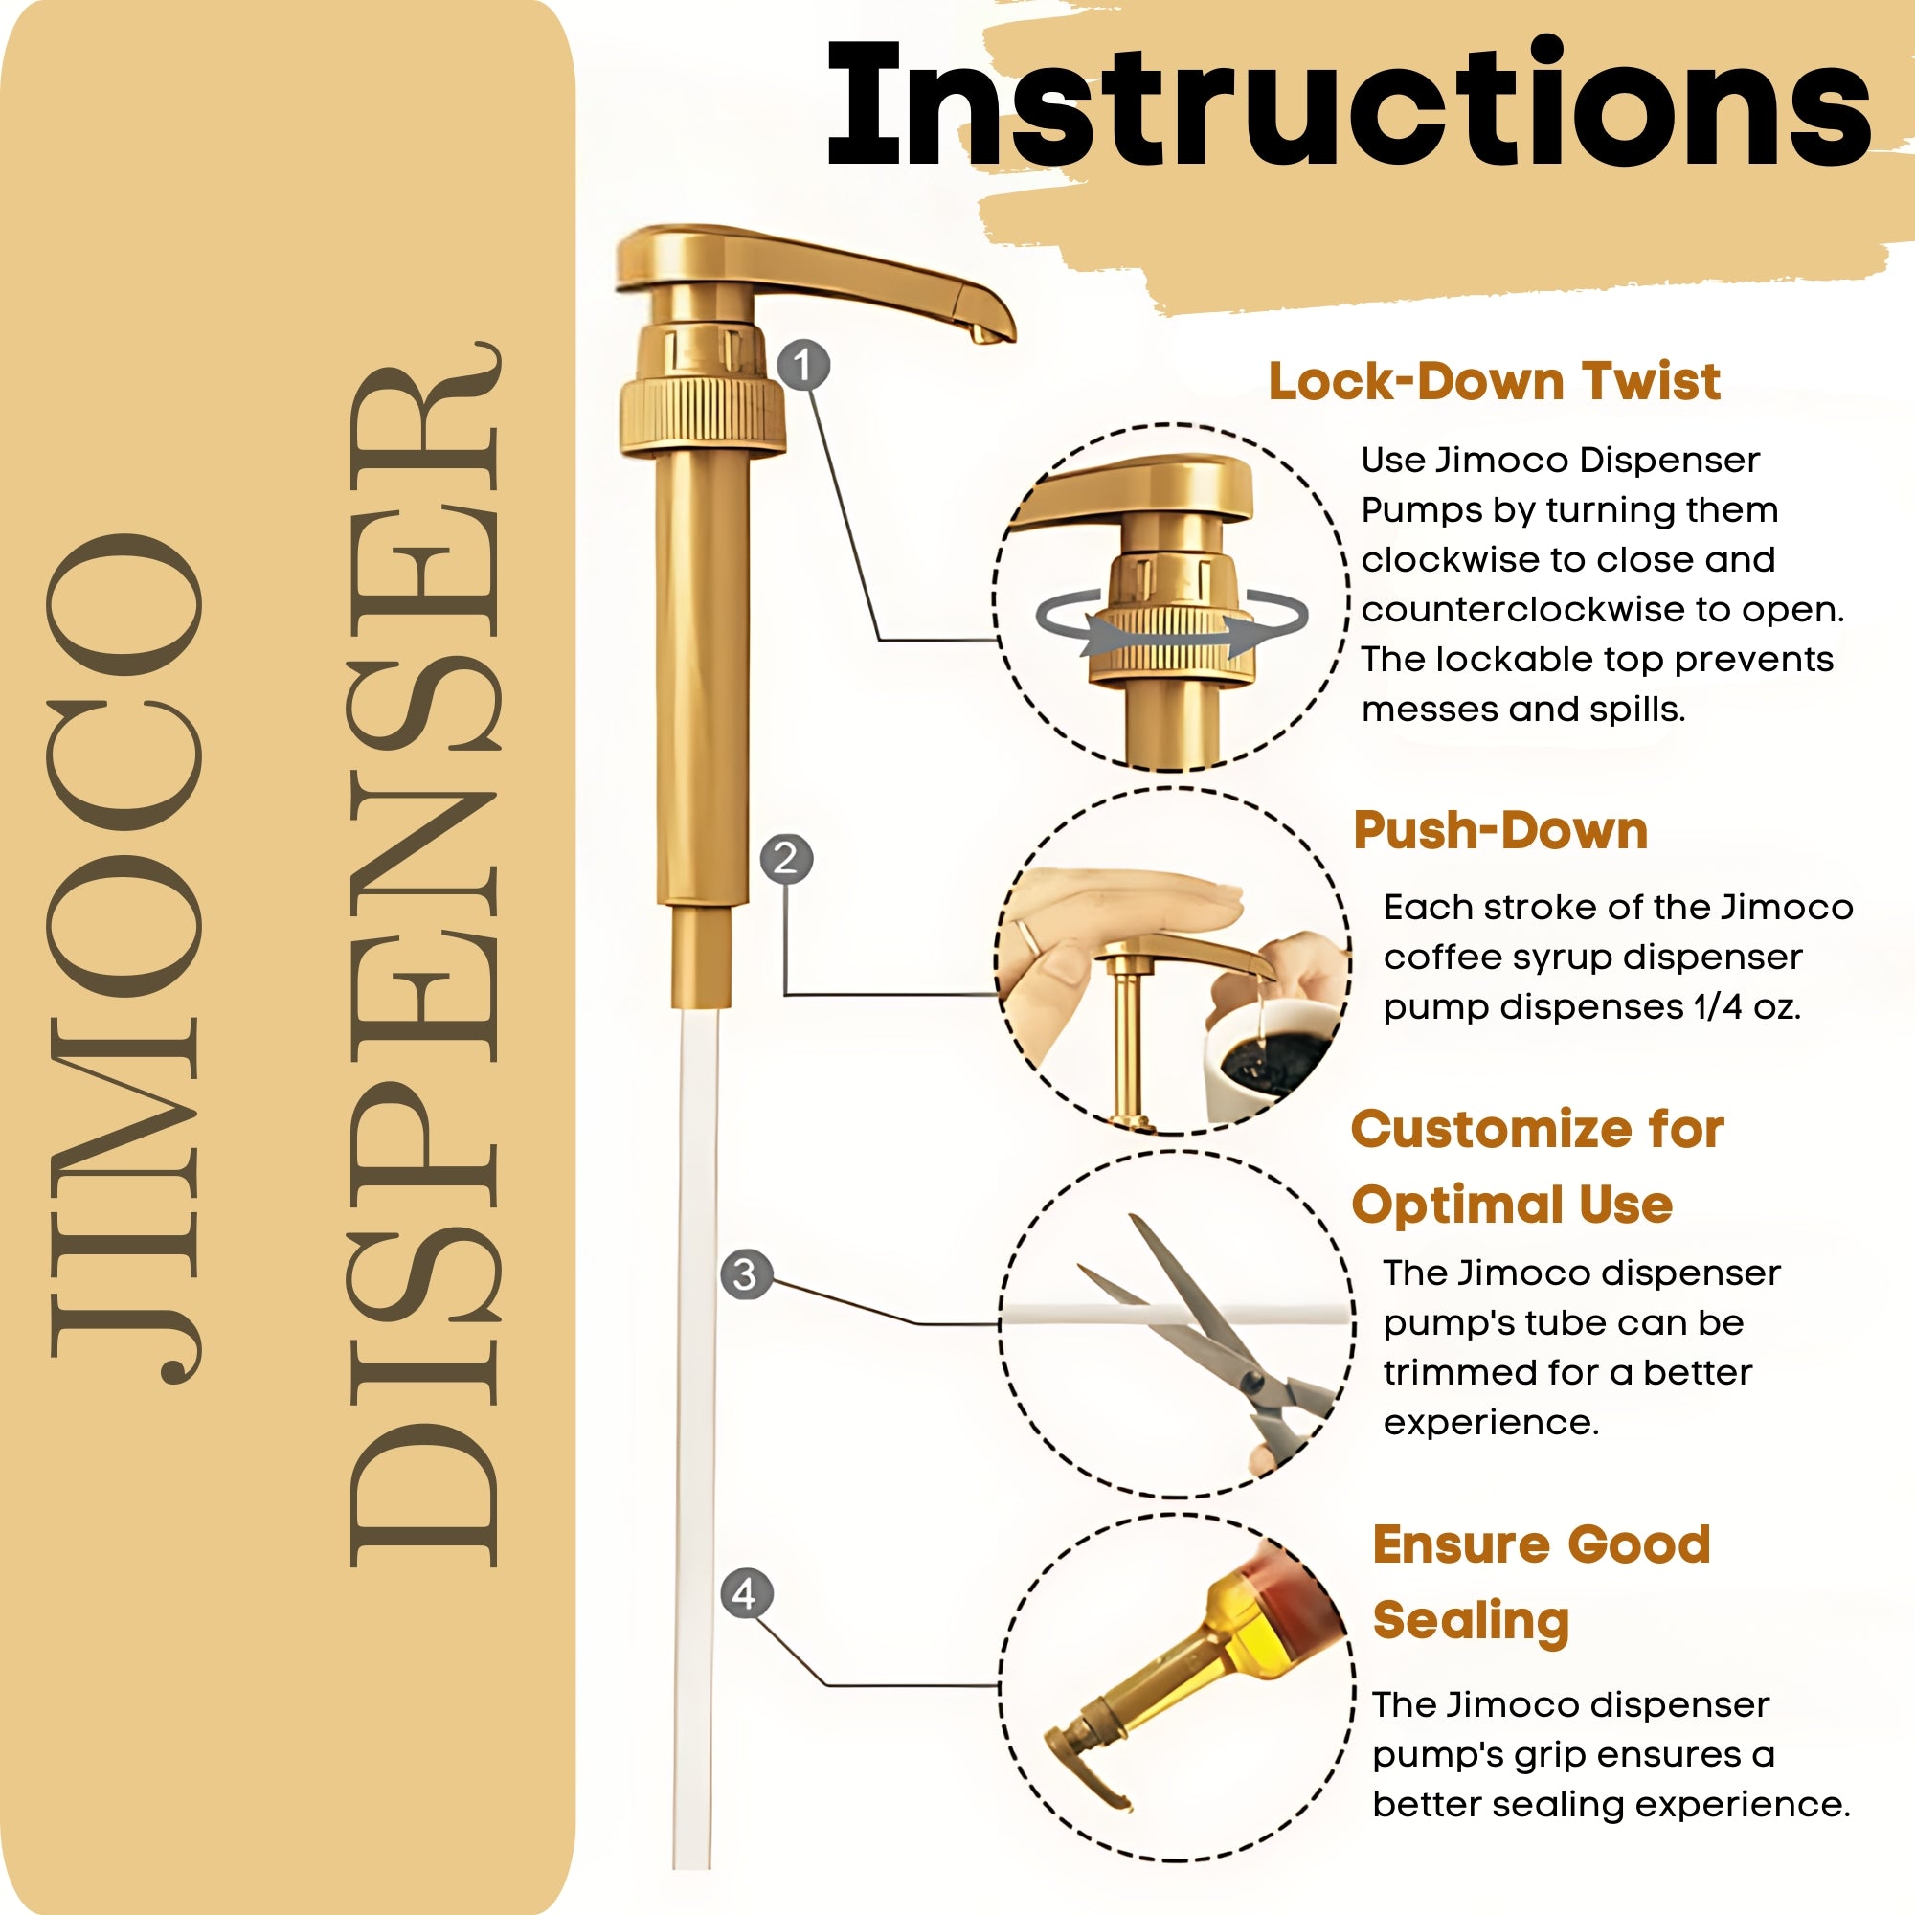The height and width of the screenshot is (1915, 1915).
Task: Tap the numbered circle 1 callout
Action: [803, 366]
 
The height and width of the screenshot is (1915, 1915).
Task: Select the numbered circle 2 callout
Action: [786, 858]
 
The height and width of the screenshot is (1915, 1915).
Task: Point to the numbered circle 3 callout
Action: [745, 1274]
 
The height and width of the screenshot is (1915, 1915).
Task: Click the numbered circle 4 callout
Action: [745, 1594]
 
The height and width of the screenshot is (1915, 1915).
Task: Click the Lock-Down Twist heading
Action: [1494, 382]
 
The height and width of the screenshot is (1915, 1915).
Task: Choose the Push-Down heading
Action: [1499, 830]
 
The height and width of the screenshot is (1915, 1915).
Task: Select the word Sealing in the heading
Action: [1470, 1621]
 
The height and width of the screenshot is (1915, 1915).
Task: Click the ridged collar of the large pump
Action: [702, 415]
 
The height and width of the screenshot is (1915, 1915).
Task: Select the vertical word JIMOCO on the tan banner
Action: [124, 957]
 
